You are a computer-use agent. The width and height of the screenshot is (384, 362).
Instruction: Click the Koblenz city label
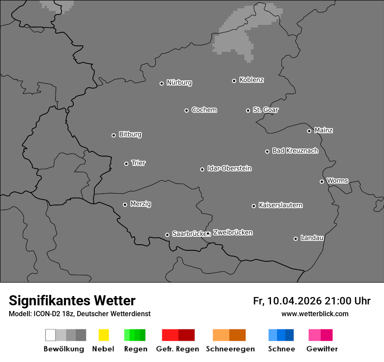coord(251,80)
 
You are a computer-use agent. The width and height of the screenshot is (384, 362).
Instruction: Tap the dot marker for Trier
coord(127,164)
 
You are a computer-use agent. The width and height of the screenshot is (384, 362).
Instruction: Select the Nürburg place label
coord(179,82)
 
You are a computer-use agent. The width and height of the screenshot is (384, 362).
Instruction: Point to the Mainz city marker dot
coord(309,131)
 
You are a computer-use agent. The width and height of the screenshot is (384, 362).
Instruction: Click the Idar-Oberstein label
coord(229,168)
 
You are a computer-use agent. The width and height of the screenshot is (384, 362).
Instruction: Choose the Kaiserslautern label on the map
coord(280,205)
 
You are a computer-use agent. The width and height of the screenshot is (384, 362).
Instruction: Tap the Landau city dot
coord(295,239)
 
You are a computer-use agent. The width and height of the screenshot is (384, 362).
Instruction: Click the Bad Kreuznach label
coord(295,150)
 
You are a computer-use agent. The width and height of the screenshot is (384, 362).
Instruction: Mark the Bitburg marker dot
coord(113,135)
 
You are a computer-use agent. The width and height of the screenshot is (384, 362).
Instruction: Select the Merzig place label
coord(141,204)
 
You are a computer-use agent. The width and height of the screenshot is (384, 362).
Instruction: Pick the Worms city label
coord(337,181)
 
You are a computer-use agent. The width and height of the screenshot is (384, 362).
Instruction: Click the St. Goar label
coord(265,109)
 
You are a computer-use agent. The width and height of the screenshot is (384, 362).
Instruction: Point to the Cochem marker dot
coord(186,110)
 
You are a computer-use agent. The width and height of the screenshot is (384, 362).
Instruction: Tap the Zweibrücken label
coord(233,232)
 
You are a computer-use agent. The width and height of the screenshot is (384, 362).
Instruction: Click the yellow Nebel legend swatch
coord(103,335)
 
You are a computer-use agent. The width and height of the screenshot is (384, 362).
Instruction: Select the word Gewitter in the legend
coord(322,349)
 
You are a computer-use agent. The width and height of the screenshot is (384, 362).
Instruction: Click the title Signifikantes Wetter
coord(72,301)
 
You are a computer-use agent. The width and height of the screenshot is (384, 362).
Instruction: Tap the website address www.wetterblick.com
coord(315,314)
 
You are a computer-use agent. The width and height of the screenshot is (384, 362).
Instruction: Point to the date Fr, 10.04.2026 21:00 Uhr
coord(312,301)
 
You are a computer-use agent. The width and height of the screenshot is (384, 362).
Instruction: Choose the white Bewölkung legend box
coord(50,335)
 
